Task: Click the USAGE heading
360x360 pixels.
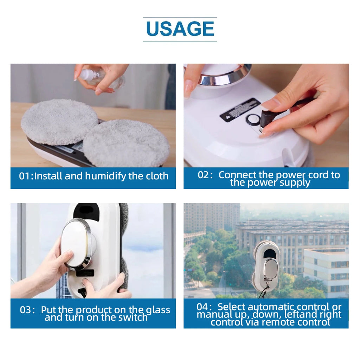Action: pyautogui.click(x=180, y=29)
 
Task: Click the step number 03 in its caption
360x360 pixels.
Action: pyautogui.click(x=25, y=310)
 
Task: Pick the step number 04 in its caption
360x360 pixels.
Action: pyautogui.click(x=202, y=307)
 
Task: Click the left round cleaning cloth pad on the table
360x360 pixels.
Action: pyautogui.click(x=60, y=122)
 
